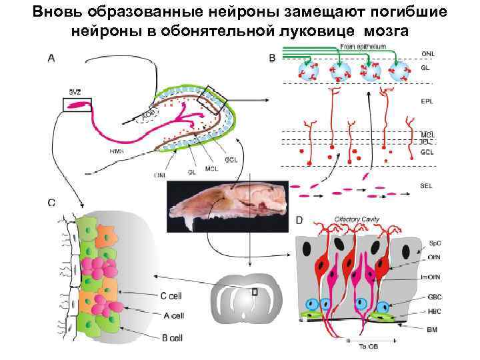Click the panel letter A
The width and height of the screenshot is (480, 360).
coord(51,58)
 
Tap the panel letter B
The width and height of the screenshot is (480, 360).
coord(272,59)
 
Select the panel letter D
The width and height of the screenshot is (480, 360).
coord(299,219)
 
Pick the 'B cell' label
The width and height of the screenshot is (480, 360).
coord(172,337)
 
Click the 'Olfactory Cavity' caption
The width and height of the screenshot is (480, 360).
coord(357,219)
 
